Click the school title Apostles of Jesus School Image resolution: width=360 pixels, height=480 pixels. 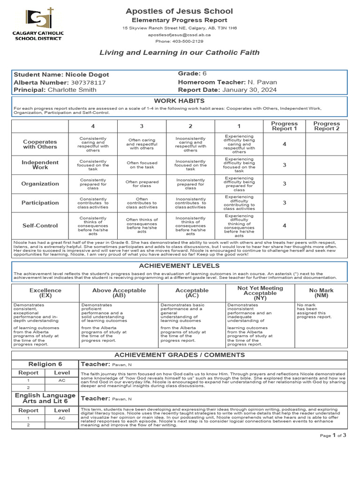[180, 11]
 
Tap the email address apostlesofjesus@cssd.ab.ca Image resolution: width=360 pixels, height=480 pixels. [180, 35]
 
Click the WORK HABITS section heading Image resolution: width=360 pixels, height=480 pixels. [180, 100]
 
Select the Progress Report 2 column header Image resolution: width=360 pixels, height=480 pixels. [326, 126]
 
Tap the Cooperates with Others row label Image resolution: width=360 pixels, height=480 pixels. [40, 144]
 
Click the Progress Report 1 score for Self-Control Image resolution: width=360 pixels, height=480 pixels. [284, 225]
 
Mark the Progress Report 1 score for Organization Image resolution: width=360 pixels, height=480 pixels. [284, 184]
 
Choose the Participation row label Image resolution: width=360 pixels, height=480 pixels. [40, 203]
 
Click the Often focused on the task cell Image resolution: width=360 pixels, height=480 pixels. [141, 165]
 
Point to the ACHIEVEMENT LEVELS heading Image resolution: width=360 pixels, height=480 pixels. [180, 266]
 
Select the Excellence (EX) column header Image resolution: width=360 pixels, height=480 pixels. [45, 293]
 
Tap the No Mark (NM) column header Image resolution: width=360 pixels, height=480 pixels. [321, 293]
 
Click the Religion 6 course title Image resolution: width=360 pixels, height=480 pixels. [45, 364]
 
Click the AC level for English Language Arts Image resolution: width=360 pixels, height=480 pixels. [62, 418]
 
